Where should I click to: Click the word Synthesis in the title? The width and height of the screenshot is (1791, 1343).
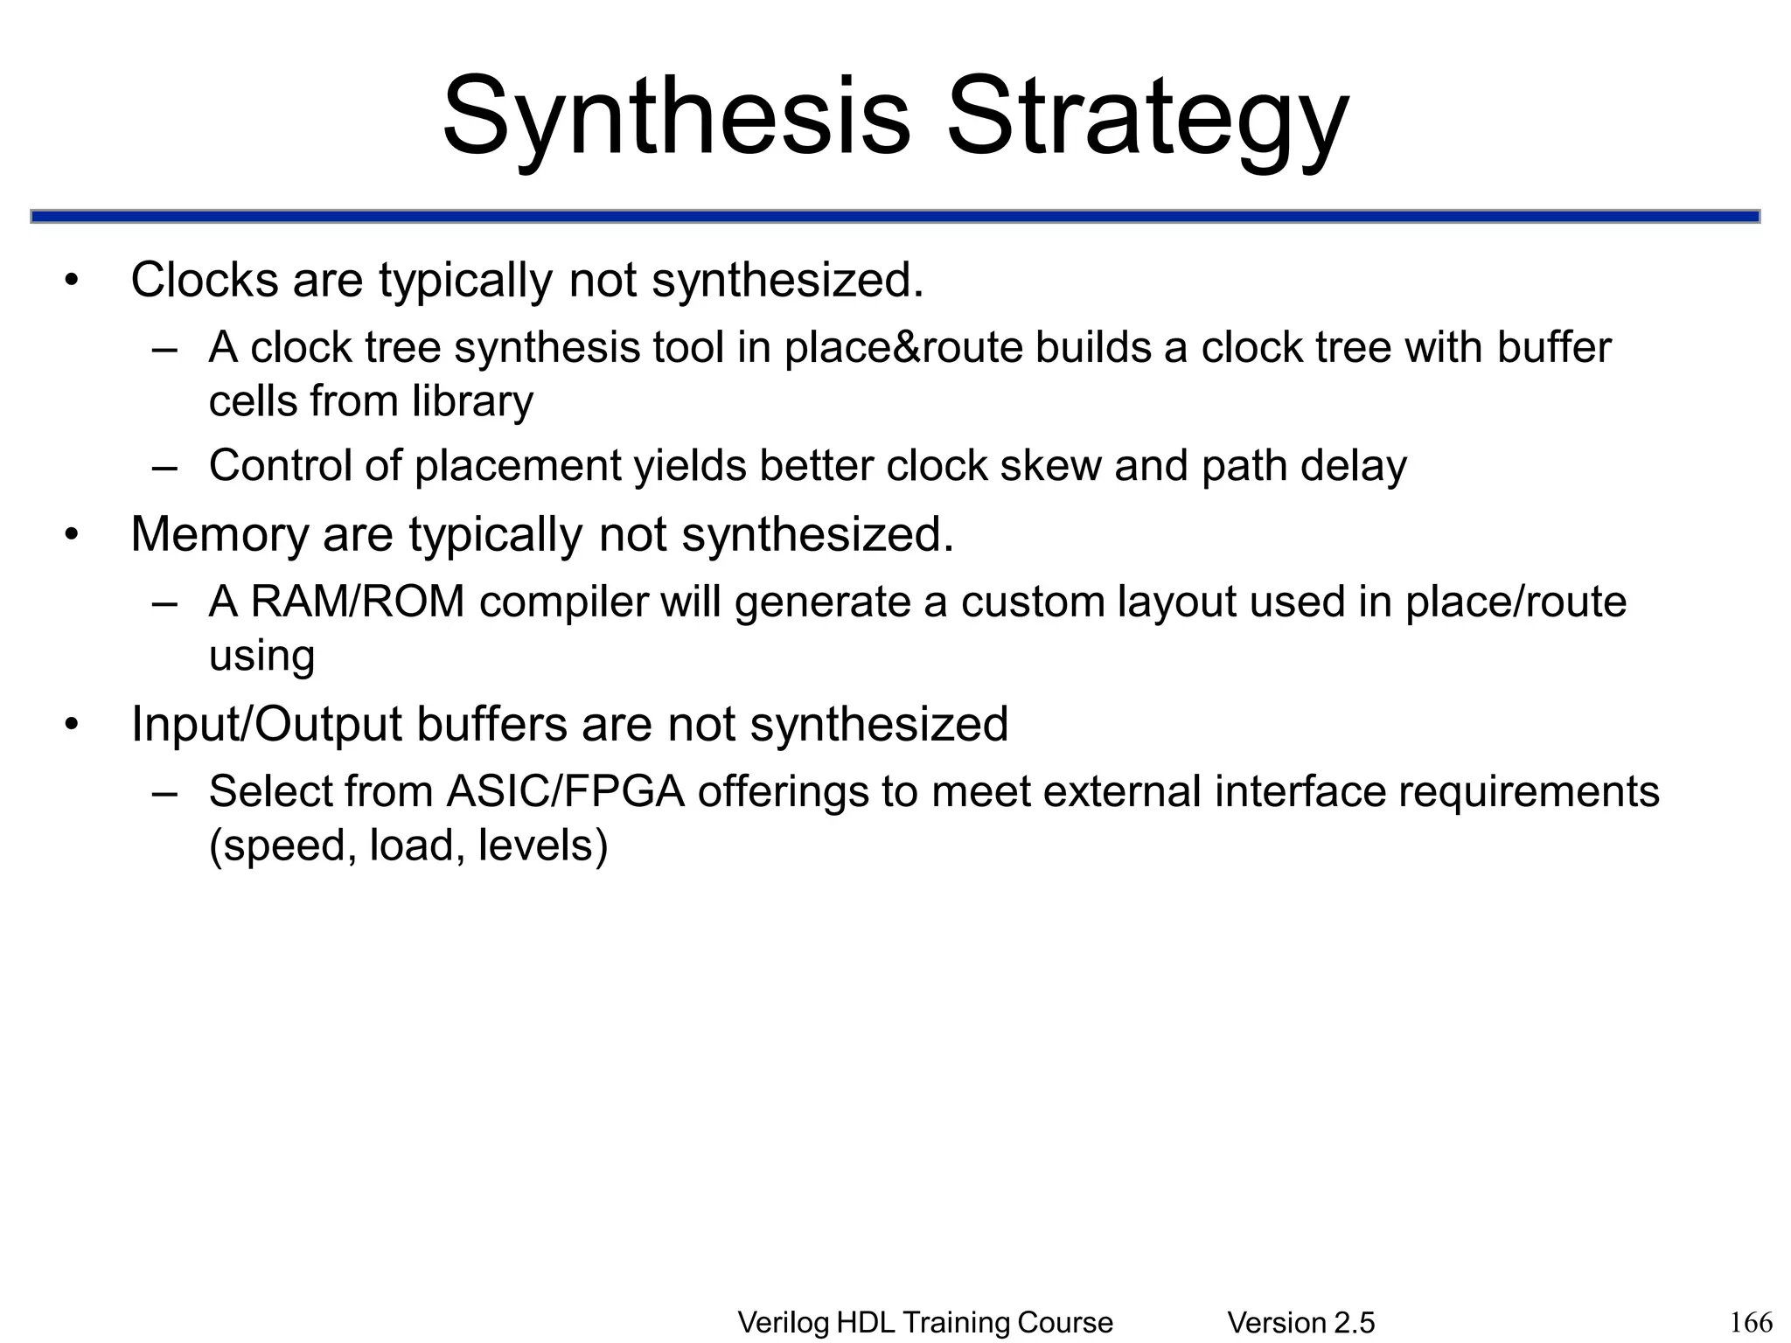point(676,118)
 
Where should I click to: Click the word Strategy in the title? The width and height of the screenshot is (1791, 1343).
point(1147,118)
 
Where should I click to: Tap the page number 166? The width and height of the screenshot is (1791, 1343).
point(1751,1321)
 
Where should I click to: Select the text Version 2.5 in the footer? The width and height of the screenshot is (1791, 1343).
point(1300,1323)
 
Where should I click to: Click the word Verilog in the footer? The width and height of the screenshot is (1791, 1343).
point(784,1323)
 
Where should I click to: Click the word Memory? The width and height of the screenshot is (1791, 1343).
point(220,534)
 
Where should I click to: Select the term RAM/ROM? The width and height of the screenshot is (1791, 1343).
point(358,602)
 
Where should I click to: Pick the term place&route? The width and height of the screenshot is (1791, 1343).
point(902,348)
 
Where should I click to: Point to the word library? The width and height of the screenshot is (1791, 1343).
point(472,401)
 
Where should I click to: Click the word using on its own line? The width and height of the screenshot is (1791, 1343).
point(261,656)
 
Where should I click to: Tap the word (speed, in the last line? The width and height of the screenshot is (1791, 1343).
point(282,845)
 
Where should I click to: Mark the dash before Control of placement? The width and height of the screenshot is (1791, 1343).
point(164,465)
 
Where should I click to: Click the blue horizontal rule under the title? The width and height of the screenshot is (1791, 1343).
point(895,216)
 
